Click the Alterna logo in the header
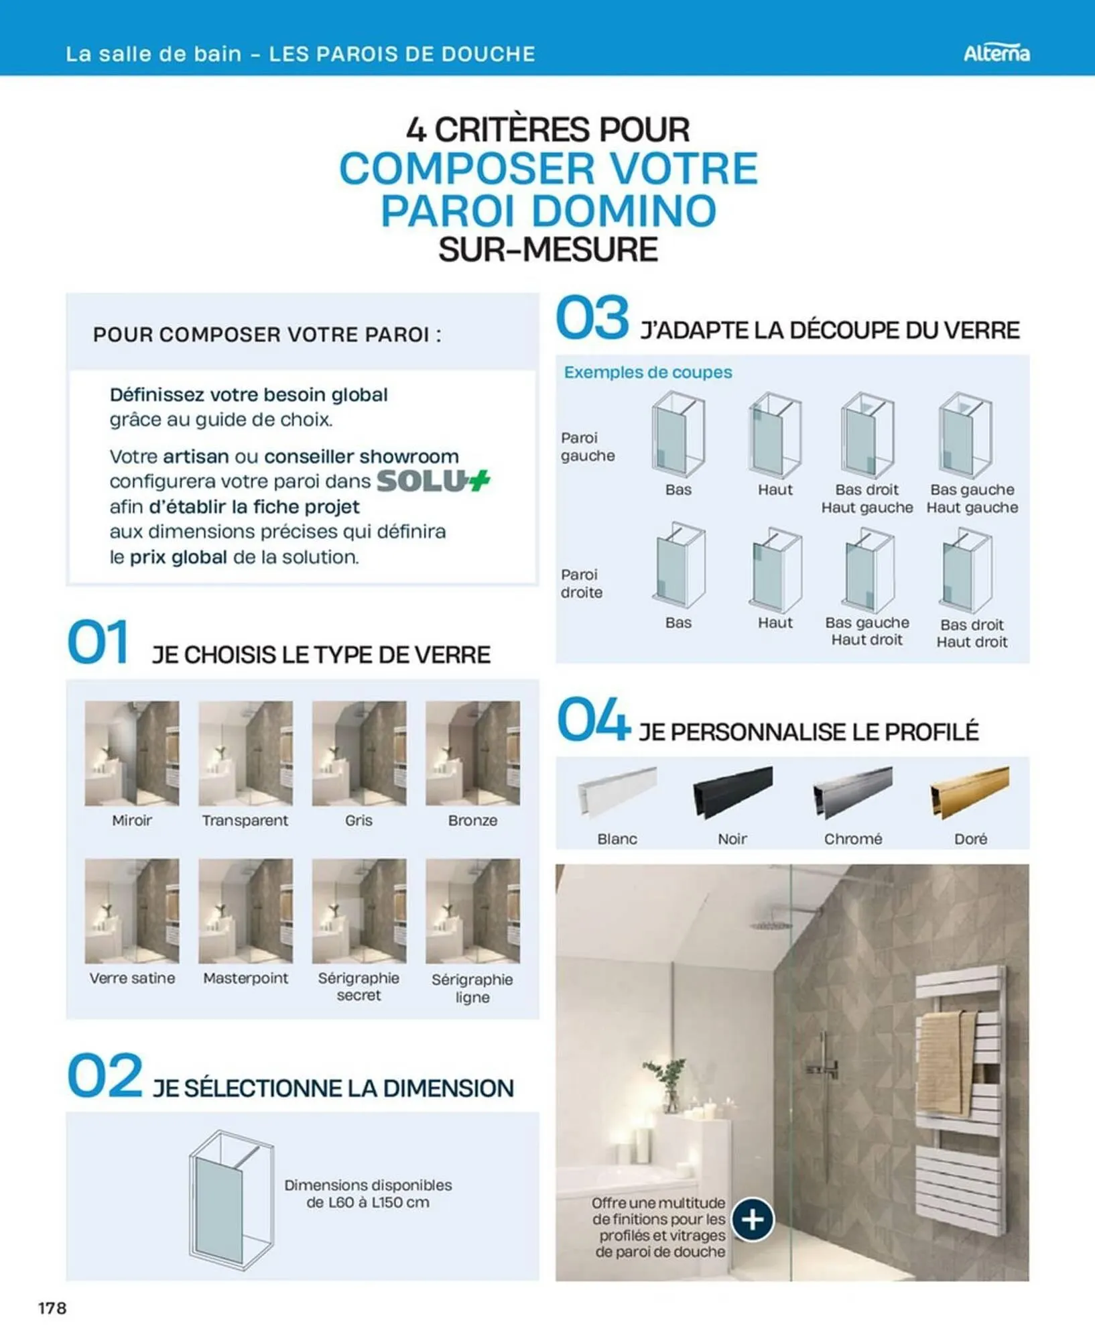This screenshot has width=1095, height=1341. point(996,53)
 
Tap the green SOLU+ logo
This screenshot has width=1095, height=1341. point(433,481)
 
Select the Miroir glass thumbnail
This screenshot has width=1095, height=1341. point(132,753)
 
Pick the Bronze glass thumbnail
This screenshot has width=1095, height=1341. point(472,753)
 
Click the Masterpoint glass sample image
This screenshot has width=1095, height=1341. point(245,911)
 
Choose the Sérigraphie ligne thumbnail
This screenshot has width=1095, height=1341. point(472,911)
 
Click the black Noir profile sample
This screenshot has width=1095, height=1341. point(732,792)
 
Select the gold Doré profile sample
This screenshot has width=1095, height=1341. point(969,792)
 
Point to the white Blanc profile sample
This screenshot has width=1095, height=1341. point(617,792)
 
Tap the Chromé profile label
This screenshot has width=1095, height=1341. point(852,839)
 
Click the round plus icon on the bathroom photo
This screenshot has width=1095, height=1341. point(753,1219)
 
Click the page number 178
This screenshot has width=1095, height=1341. point(52,1307)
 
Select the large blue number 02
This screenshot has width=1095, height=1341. point(105,1075)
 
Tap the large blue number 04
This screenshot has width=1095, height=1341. point(593,719)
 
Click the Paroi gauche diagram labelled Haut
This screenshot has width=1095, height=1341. point(775,435)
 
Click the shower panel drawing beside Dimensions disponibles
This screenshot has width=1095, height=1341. point(231,1200)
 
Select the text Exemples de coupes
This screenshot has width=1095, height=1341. point(647,372)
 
